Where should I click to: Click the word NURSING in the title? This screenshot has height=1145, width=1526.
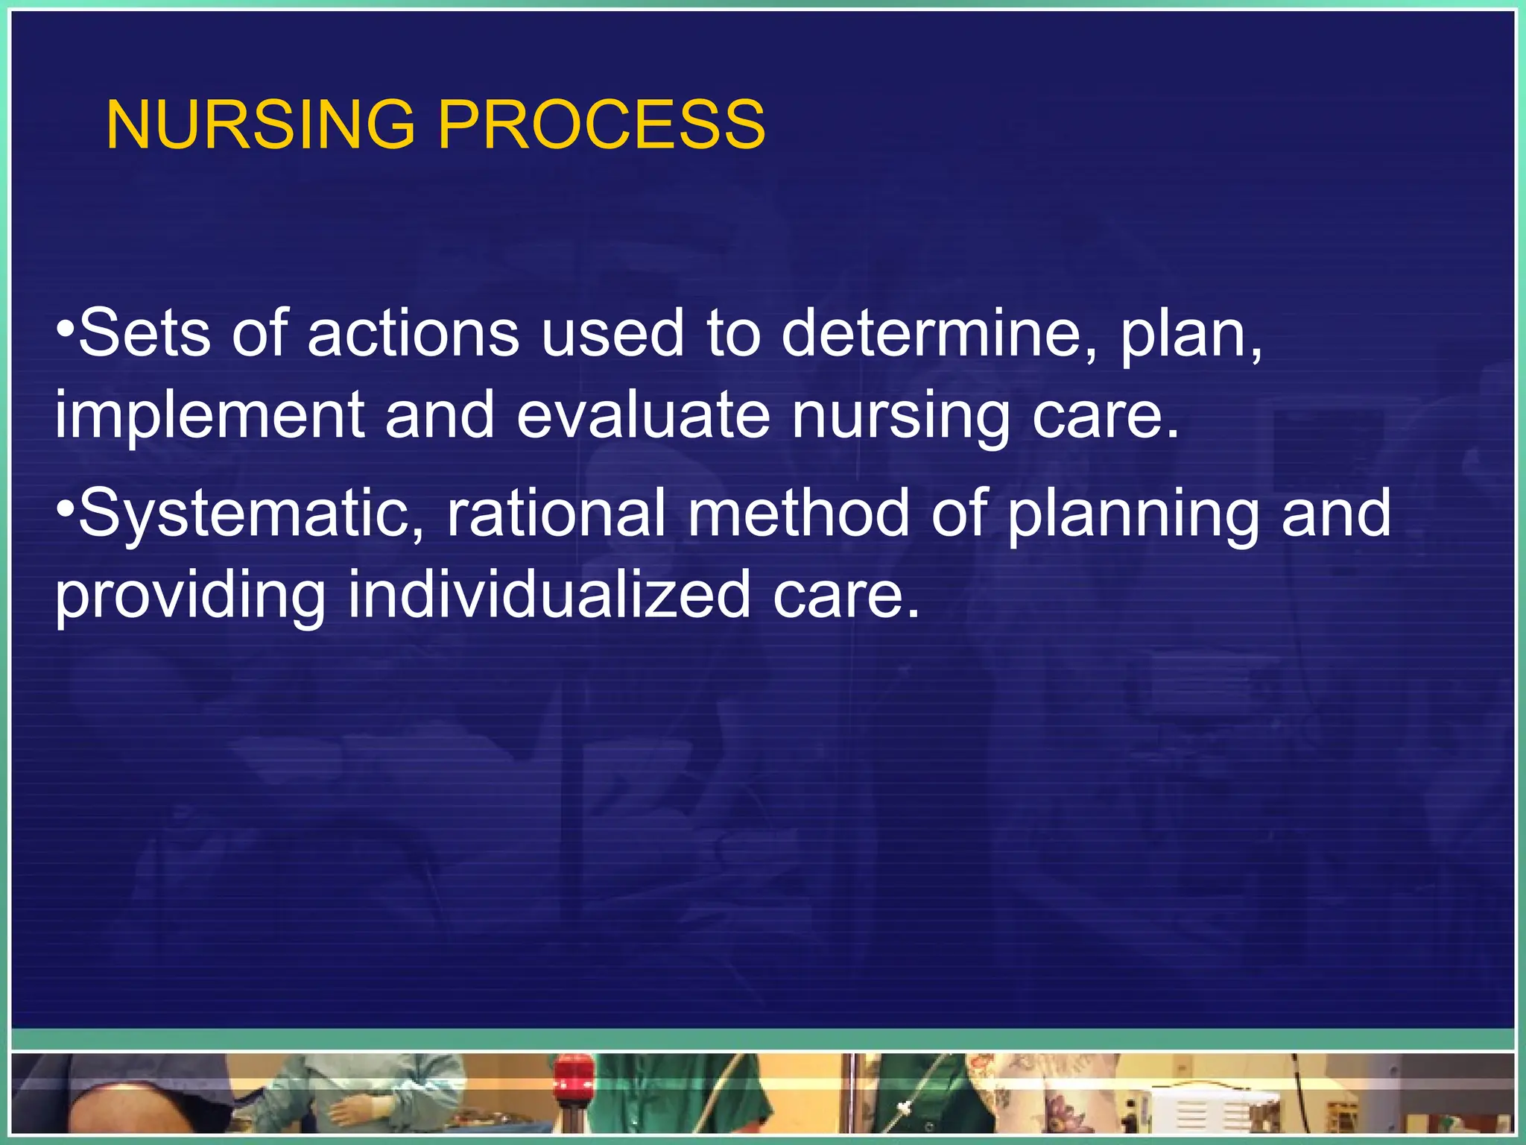click(260, 124)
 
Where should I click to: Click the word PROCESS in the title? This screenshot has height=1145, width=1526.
click(601, 124)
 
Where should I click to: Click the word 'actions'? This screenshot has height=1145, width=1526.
click(414, 333)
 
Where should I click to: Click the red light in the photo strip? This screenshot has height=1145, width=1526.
click(573, 1074)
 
